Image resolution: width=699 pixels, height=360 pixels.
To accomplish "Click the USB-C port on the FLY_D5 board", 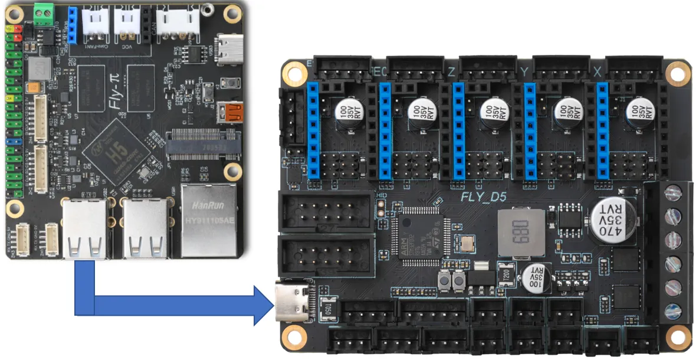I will click(x=292, y=302).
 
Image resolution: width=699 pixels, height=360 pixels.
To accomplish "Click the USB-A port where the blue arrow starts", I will click(x=85, y=230).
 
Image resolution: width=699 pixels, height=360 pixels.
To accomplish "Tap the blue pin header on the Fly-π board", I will click(x=73, y=25).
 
